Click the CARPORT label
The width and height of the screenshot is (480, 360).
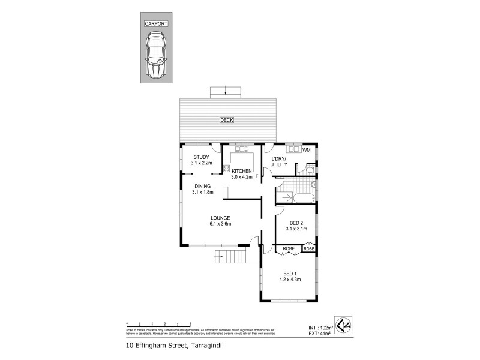coord(155,24)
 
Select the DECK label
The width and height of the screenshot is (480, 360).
coord(226,120)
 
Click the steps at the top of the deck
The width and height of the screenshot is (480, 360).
coord(226,92)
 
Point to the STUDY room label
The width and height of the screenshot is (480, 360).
coord(200,157)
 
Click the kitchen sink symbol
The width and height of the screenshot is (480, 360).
coord(243,149)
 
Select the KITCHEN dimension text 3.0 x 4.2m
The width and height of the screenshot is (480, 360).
coord(242,177)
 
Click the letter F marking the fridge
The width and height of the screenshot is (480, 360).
coord(257,176)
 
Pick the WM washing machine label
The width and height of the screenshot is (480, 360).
coord(306,149)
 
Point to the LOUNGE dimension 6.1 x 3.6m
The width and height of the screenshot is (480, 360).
coord(220,224)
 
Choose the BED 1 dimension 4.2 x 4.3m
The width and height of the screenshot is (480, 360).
coord(290,279)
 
